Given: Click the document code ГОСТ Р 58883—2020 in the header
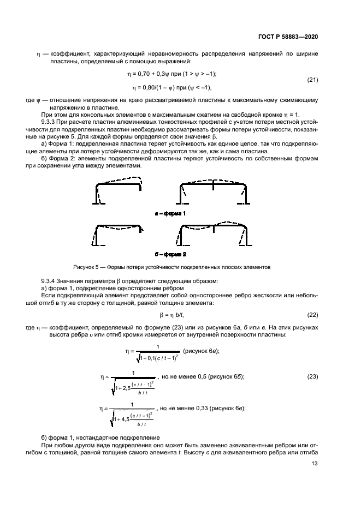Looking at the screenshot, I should (287, 36).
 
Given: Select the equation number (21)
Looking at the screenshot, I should (312, 80).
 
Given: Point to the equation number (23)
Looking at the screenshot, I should (312, 376).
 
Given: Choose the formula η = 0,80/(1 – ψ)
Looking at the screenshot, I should (155, 87).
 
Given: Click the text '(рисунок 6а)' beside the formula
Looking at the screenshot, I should (202, 351).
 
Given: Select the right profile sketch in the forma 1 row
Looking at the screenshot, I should (213, 191).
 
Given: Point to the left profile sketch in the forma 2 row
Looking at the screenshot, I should (119, 233).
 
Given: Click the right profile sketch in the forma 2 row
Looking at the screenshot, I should (213, 233).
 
